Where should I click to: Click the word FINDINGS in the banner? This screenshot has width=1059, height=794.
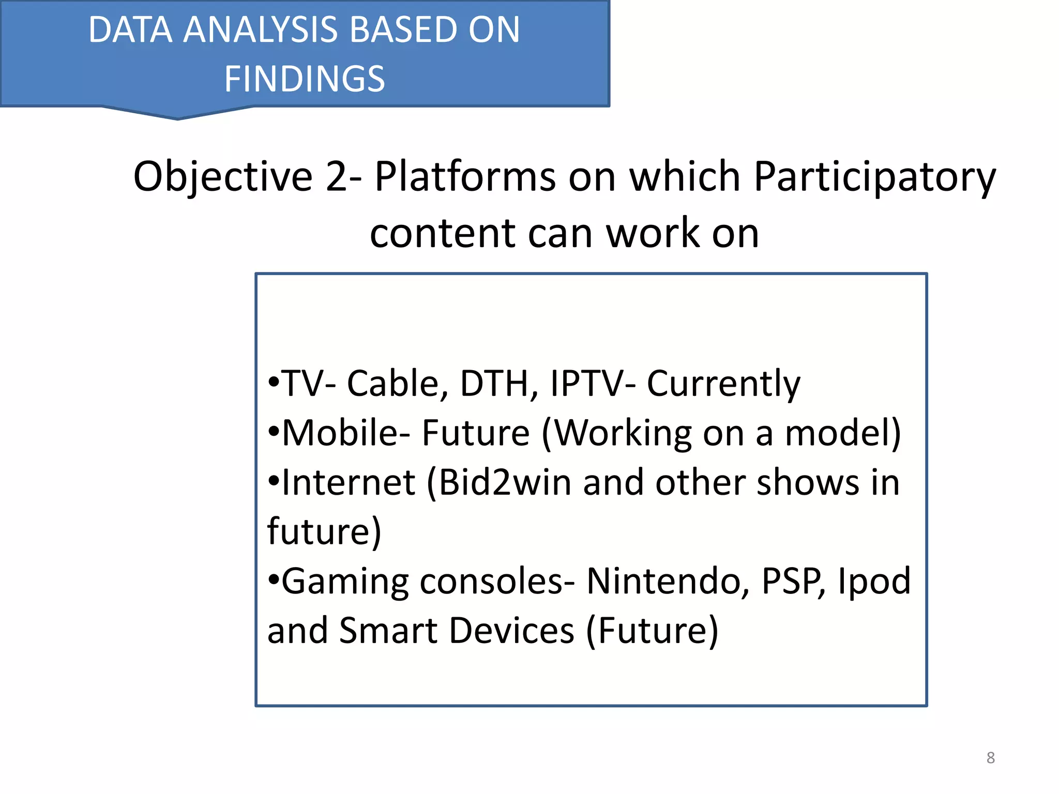pyautogui.click(x=305, y=79)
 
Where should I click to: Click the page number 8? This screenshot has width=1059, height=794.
pyautogui.click(x=990, y=758)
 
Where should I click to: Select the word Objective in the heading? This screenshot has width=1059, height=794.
pyautogui.click(x=223, y=177)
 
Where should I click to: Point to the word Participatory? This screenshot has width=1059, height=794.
pyautogui.click(x=874, y=177)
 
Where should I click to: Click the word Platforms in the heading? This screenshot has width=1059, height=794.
pyautogui.click(x=465, y=177)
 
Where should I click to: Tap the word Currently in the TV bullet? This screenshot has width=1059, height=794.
pyautogui.click(x=723, y=384)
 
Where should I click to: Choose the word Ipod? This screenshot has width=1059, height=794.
pyautogui.click(x=874, y=581)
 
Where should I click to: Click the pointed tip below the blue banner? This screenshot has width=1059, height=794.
pyautogui.click(x=178, y=118)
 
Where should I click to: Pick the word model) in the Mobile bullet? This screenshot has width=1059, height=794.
pyautogui.click(x=843, y=433)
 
